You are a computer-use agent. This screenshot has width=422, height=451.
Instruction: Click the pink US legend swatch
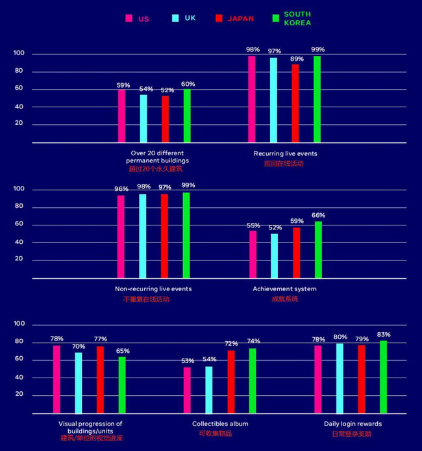[x=129, y=18]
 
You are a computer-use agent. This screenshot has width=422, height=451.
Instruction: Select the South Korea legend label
[x=297, y=18]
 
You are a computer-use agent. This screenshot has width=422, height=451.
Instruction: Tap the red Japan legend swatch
[x=219, y=18]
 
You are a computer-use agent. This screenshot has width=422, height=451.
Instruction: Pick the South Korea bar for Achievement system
[x=318, y=250]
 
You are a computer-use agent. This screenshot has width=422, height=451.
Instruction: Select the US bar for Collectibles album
[x=187, y=390]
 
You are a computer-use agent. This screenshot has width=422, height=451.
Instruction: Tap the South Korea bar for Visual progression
[x=122, y=385]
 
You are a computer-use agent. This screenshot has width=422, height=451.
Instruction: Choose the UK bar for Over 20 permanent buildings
[x=143, y=118]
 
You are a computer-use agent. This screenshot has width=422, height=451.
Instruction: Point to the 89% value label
[x=297, y=58]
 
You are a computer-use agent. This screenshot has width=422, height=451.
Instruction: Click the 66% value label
[x=318, y=216]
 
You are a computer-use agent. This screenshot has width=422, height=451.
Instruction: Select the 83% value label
[x=384, y=335]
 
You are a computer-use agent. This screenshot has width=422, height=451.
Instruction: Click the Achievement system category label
[x=284, y=289]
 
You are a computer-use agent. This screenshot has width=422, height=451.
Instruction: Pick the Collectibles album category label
[x=220, y=424]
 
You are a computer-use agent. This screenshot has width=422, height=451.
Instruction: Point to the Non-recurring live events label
[x=153, y=289]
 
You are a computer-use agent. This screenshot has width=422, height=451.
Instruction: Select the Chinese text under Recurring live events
[x=284, y=163]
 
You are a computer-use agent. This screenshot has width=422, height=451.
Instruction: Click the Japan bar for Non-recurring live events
[x=164, y=236]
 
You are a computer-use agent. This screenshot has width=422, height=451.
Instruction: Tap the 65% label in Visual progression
[x=123, y=351]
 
